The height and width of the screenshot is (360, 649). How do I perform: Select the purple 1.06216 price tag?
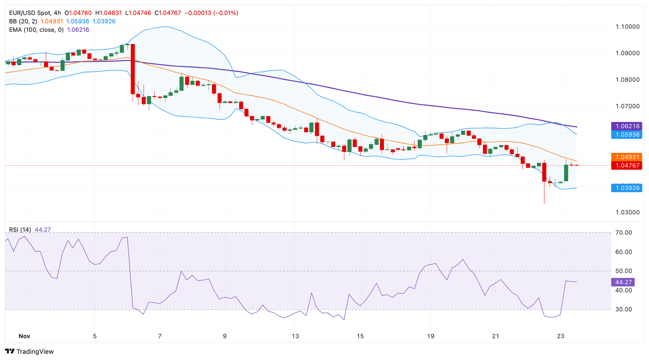[627, 126]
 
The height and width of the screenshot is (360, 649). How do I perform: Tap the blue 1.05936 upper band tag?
[627, 135]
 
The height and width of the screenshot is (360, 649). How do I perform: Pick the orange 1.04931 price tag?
[627, 157]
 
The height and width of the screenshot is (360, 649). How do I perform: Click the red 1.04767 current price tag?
[627, 165]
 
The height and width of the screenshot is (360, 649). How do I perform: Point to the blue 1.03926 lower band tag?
[627, 188]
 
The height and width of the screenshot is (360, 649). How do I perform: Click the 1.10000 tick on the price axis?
[627, 27]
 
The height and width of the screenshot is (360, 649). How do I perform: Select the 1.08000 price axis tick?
[627, 80]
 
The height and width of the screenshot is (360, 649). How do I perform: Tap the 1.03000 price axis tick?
[627, 212]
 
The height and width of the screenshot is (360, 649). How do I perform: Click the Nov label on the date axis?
[24, 336]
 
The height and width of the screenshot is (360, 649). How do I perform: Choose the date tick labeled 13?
[295, 336]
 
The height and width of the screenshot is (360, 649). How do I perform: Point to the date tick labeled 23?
[561, 336]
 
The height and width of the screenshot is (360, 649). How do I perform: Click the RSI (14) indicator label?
[20, 230]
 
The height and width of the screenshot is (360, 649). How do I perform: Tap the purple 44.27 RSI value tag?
[623, 282]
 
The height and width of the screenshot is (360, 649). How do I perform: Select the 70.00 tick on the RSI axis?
[623, 233]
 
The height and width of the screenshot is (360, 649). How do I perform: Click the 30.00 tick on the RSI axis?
[623, 309]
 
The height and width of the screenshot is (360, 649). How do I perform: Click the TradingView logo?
[29, 351]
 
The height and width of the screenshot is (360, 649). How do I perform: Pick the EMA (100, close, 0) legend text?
[36, 30]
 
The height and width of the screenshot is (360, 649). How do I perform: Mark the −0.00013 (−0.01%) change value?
[211, 13]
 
